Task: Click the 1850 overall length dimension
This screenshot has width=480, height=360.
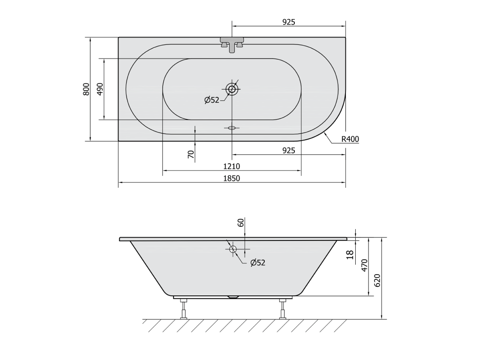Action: (x=232, y=178)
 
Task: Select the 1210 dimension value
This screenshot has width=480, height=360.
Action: (x=232, y=166)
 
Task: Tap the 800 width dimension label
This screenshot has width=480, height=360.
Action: (x=86, y=89)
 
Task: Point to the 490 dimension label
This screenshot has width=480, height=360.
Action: (x=100, y=89)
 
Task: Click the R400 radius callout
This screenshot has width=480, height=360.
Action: (x=350, y=139)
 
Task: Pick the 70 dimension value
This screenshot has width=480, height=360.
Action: (x=191, y=154)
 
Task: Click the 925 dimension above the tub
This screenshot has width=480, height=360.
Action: (x=289, y=22)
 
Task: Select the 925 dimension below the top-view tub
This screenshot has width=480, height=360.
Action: (x=289, y=150)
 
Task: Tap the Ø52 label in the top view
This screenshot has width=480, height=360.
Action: (x=212, y=100)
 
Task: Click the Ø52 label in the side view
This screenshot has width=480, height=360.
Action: (x=258, y=262)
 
